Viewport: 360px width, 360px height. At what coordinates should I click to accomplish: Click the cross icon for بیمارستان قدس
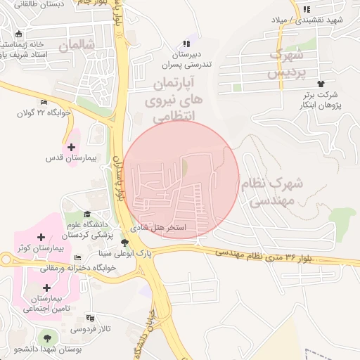[72, 146]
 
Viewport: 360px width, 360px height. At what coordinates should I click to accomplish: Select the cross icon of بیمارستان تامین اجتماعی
[46, 288]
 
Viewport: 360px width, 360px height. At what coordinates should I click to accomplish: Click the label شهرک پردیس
[286, 63]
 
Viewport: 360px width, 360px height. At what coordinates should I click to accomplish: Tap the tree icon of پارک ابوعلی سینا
[125, 243]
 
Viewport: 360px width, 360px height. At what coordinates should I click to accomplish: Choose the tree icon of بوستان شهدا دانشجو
[48, 335]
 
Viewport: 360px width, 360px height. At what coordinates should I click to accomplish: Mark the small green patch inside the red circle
[185, 169]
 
